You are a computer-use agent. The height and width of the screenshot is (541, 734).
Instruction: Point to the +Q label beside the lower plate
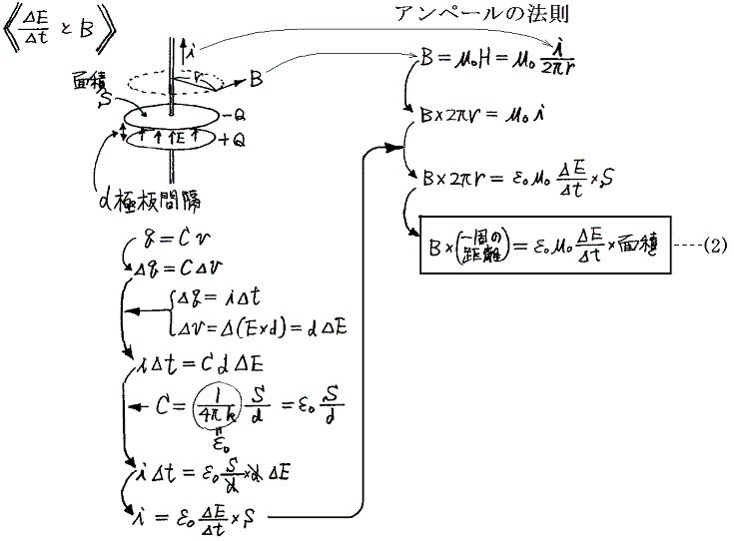pos(229,141)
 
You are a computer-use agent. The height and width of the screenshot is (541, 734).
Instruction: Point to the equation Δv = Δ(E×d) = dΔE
pos(262,325)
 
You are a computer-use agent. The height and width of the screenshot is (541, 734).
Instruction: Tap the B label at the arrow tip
pos(257,75)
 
